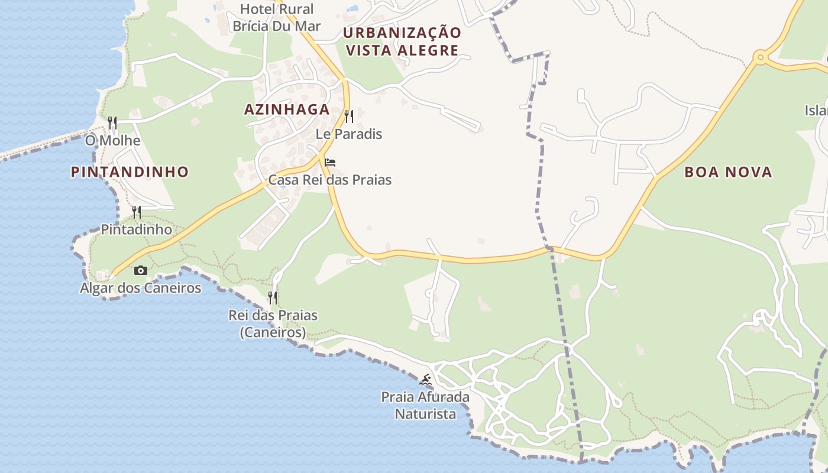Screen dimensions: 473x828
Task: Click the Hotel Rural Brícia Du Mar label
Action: [x=277, y=18]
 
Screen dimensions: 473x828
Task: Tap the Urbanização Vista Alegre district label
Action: [x=402, y=41]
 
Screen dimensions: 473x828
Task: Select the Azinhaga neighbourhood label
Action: [x=287, y=109]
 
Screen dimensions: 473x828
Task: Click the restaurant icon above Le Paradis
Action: [x=349, y=116]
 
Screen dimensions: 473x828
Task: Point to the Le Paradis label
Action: [x=349, y=134]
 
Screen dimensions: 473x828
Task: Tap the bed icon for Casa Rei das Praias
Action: [x=330, y=163]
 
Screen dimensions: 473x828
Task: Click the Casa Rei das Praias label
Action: [x=330, y=180]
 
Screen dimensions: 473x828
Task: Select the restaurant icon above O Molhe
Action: [x=112, y=123]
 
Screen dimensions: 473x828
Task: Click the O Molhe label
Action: [x=112, y=141]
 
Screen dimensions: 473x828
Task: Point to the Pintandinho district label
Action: [x=130, y=172]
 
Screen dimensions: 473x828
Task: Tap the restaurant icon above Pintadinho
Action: [x=137, y=212]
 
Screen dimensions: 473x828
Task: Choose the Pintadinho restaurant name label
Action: [x=137, y=229]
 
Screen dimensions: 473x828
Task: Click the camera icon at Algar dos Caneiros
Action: [x=141, y=271]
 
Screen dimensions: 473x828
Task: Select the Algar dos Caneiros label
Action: [x=141, y=289]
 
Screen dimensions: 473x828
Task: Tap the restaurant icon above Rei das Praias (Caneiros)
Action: [x=273, y=297]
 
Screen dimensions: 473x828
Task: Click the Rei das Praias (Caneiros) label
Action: [x=273, y=324]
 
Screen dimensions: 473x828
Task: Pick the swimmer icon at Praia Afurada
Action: [x=425, y=380]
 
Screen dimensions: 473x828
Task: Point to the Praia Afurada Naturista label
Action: [x=426, y=406]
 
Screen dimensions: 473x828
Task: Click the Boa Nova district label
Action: [x=728, y=172]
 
